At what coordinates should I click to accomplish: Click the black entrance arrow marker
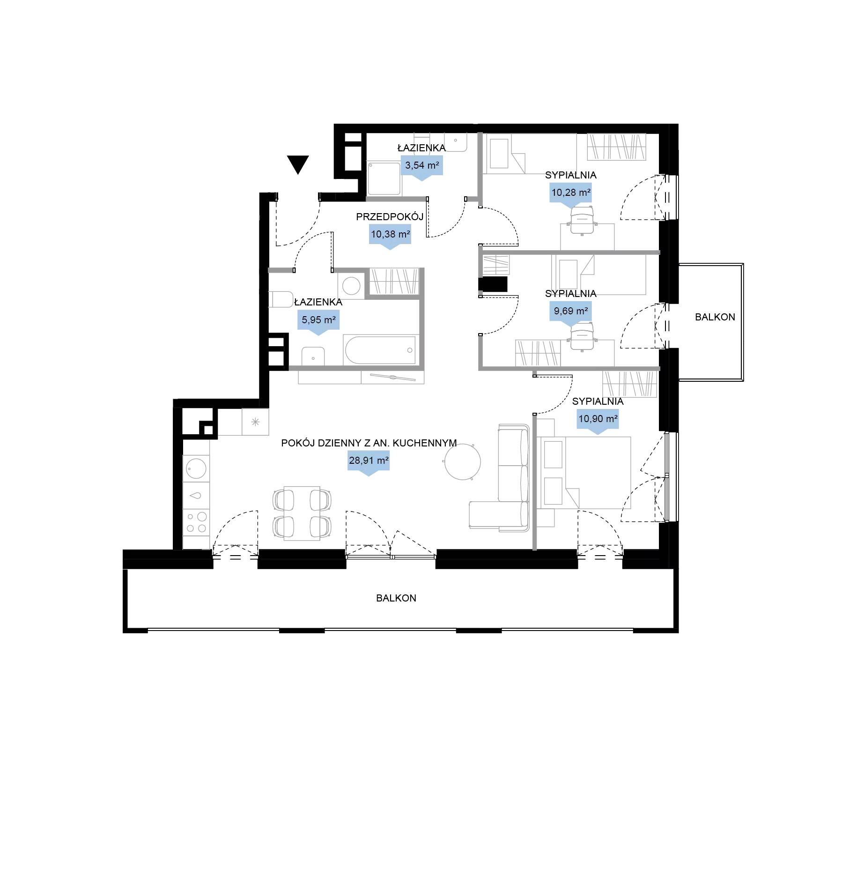coord(298,164)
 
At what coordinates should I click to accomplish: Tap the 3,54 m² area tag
coord(422,166)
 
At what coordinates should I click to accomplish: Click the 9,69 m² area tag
coord(571,312)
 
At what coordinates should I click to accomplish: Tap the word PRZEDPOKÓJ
coord(390,217)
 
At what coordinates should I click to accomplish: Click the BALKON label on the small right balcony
coord(715,317)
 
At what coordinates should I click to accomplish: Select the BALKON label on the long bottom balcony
coord(396,598)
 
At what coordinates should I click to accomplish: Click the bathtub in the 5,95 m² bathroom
coord(379,350)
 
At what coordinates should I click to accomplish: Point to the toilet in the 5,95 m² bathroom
coord(281,299)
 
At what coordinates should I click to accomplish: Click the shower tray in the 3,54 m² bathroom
coord(384,178)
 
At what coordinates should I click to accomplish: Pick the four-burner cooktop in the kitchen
coord(196,522)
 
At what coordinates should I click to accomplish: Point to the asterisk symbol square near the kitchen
coord(255,422)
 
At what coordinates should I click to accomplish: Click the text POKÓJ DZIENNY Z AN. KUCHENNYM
coord(369,443)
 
